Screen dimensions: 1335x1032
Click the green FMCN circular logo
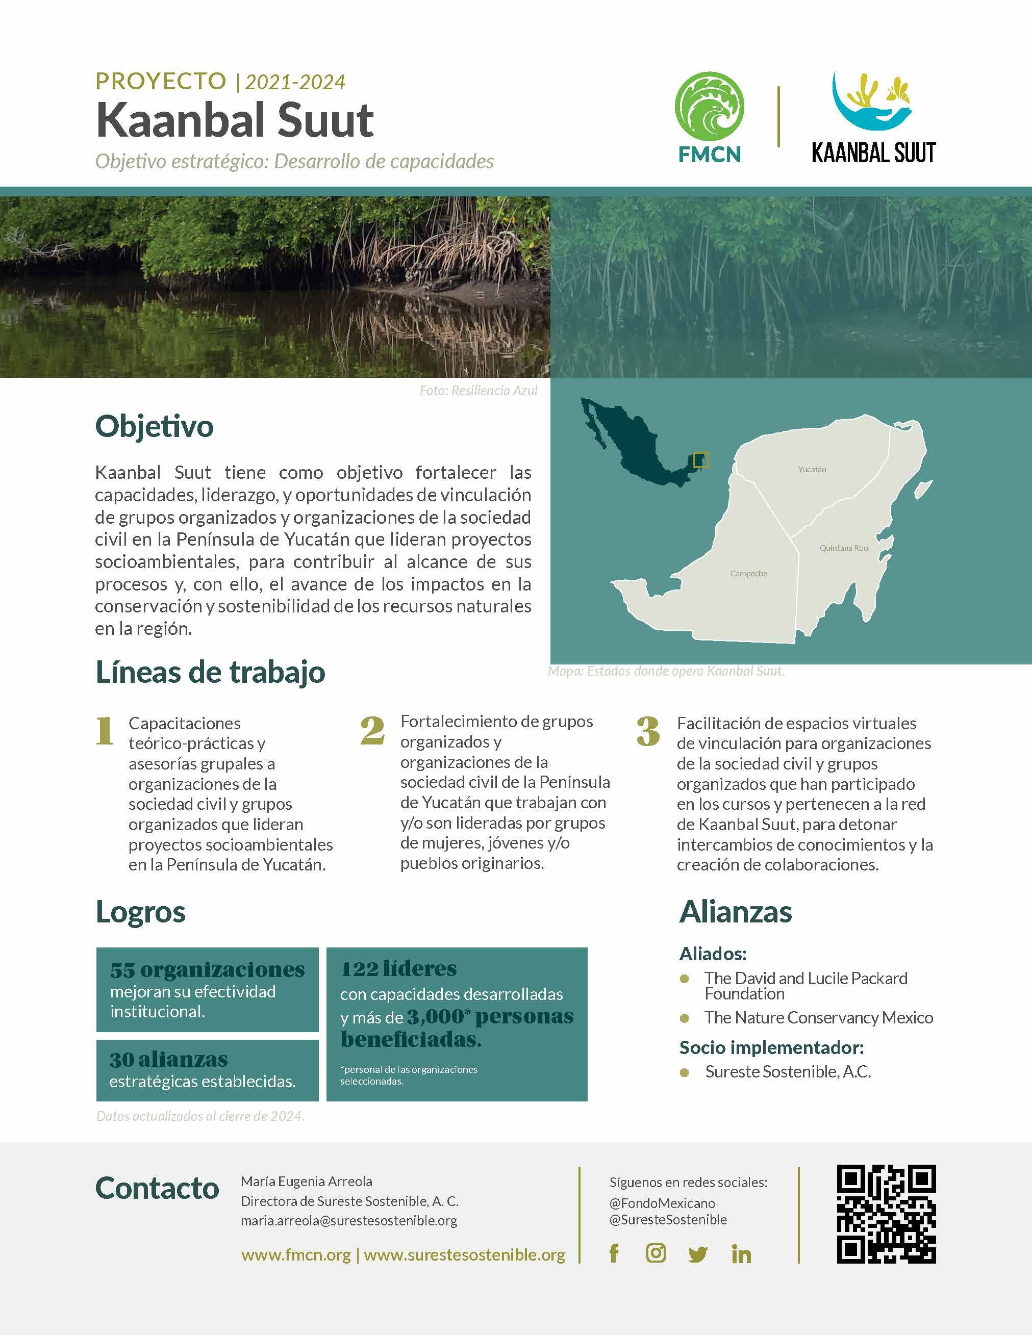coord(709,107)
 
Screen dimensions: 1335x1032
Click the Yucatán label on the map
coord(812,470)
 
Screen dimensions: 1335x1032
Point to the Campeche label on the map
coord(748,573)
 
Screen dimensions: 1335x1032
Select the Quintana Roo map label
coord(844,548)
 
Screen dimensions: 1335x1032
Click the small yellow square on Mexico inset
coord(700,459)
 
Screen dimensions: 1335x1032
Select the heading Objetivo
coord(154,426)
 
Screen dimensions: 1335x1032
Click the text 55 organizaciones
coord(207,969)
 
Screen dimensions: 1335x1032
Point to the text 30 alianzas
coord(169,1059)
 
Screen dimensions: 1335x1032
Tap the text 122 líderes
coord(398,968)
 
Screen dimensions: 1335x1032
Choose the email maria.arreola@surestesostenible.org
coord(349,1221)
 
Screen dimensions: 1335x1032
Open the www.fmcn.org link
coord(296,1255)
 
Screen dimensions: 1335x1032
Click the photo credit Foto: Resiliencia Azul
coord(478,391)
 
